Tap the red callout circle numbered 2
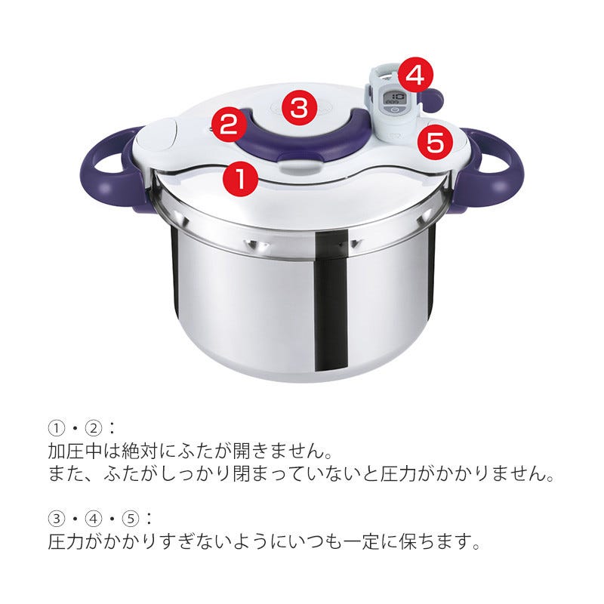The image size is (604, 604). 229,125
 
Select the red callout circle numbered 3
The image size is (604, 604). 300,108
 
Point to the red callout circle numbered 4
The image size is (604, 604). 415,75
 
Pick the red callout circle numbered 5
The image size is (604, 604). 436,143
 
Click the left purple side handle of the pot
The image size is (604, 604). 109,169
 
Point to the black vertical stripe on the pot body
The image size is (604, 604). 331,300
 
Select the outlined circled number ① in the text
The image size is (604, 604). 56,428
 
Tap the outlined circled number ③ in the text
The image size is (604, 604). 56,519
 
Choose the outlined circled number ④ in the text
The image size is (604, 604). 94,519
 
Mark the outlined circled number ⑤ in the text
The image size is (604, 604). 131,519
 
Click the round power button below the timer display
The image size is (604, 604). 393,111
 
